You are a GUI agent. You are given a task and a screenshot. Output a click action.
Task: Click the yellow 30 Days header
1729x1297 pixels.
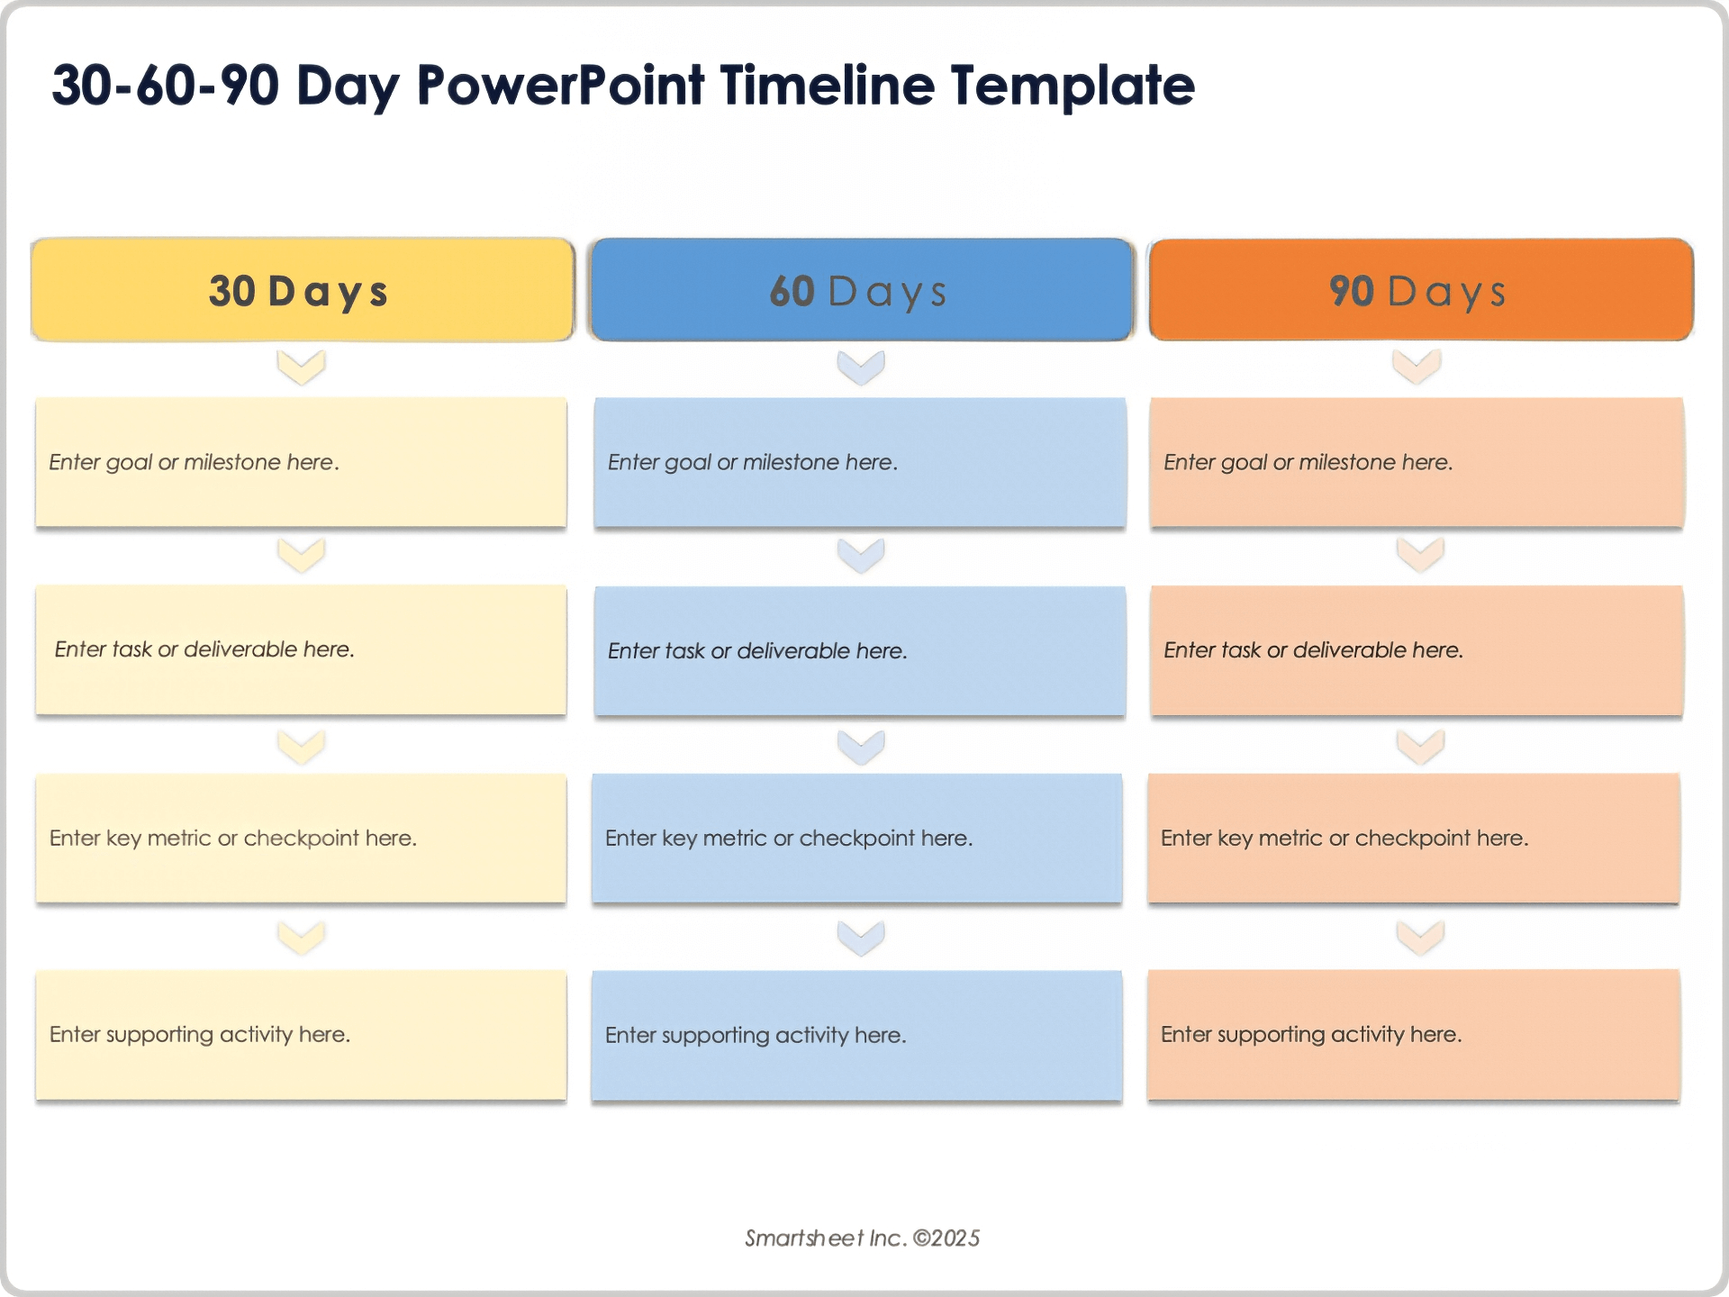pyautogui.click(x=302, y=290)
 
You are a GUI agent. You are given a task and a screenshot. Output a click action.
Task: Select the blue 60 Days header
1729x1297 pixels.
pyautogui.click(x=861, y=290)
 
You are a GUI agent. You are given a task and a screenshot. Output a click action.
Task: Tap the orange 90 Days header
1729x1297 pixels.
pyautogui.click(x=1420, y=290)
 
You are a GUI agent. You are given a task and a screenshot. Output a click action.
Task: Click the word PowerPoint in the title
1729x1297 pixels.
pyautogui.click(x=560, y=86)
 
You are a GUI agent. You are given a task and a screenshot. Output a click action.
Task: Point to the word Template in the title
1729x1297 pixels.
pyautogui.click(x=1073, y=86)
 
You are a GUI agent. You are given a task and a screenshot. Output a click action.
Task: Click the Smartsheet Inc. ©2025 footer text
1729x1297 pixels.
pyautogui.click(x=862, y=1238)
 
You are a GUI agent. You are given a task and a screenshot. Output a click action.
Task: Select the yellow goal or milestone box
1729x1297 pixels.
pyautogui.click(x=301, y=462)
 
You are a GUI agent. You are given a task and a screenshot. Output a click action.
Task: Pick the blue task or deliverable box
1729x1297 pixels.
pyautogui.click(x=860, y=650)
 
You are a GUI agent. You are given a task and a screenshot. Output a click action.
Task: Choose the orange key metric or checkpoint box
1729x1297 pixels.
pyautogui.click(x=1414, y=838)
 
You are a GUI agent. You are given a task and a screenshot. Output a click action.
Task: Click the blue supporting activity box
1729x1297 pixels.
pyautogui.click(x=856, y=1035)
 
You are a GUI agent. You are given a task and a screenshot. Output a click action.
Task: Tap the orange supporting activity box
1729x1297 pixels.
pyautogui.click(x=1414, y=1034)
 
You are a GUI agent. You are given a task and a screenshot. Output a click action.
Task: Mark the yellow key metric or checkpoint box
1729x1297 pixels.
pyautogui.click(x=301, y=838)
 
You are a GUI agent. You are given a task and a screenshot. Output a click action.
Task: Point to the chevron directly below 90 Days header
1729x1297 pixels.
pyautogui.click(x=1417, y=367)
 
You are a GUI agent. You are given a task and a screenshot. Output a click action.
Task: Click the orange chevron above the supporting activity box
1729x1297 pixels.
pyautogui.click(x=1420, y=938)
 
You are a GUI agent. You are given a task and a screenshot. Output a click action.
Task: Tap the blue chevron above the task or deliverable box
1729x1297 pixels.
pyautogui.click(x=861, y=556)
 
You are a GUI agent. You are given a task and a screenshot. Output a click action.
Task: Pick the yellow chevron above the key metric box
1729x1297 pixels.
pyautogui.click(x=301, y=747)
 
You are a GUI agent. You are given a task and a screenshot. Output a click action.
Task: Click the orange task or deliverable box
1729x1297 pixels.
pyautogui.click(x=1417, y=650)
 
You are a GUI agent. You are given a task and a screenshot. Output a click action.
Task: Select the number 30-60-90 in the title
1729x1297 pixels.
pyautogui.click(x=166, y=86)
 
